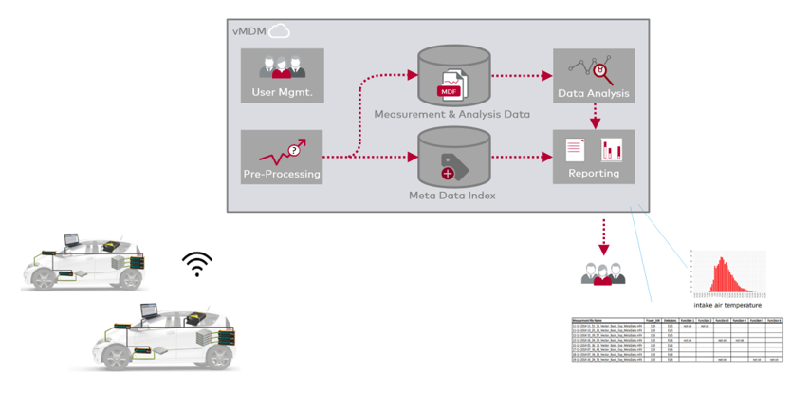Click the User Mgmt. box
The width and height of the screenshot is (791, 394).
pos(283,76)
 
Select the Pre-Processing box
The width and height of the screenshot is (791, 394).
pos(282,158)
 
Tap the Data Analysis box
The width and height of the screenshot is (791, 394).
pos(595,76)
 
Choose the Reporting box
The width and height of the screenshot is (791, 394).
pos(594,158)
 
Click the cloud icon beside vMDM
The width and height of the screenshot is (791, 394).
pos(279,31)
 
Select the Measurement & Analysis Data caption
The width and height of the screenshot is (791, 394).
pos(452,115)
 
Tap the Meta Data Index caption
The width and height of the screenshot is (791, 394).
pos(452,197)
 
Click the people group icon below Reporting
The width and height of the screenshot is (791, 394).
pos(603,273)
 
